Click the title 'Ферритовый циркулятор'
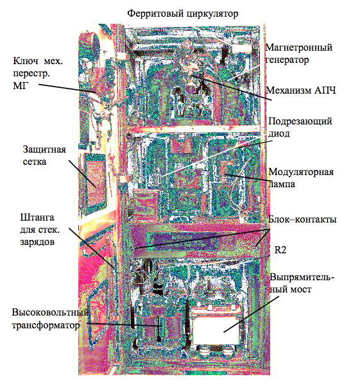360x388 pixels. (183, 13)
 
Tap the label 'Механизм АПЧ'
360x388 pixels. (301, 90)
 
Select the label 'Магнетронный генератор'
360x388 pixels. (299, 53)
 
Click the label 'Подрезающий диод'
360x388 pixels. (300, 127)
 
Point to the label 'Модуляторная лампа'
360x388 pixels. (301, 178)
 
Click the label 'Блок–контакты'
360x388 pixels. (302, 219)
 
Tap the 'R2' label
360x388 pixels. (280, 250)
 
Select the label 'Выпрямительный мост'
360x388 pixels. (302, 283)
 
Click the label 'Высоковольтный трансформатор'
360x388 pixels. (50, 319)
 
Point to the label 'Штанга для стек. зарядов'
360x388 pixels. (40, 230)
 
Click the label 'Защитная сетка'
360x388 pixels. (44, 155)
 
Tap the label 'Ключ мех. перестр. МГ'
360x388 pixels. (38, 73)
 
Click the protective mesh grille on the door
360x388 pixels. (95, 180)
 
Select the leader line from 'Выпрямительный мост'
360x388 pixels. (251, 314)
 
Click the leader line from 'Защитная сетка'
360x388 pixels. (82, 174)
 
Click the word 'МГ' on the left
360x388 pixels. (21, 86)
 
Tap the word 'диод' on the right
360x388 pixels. (279, 133)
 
